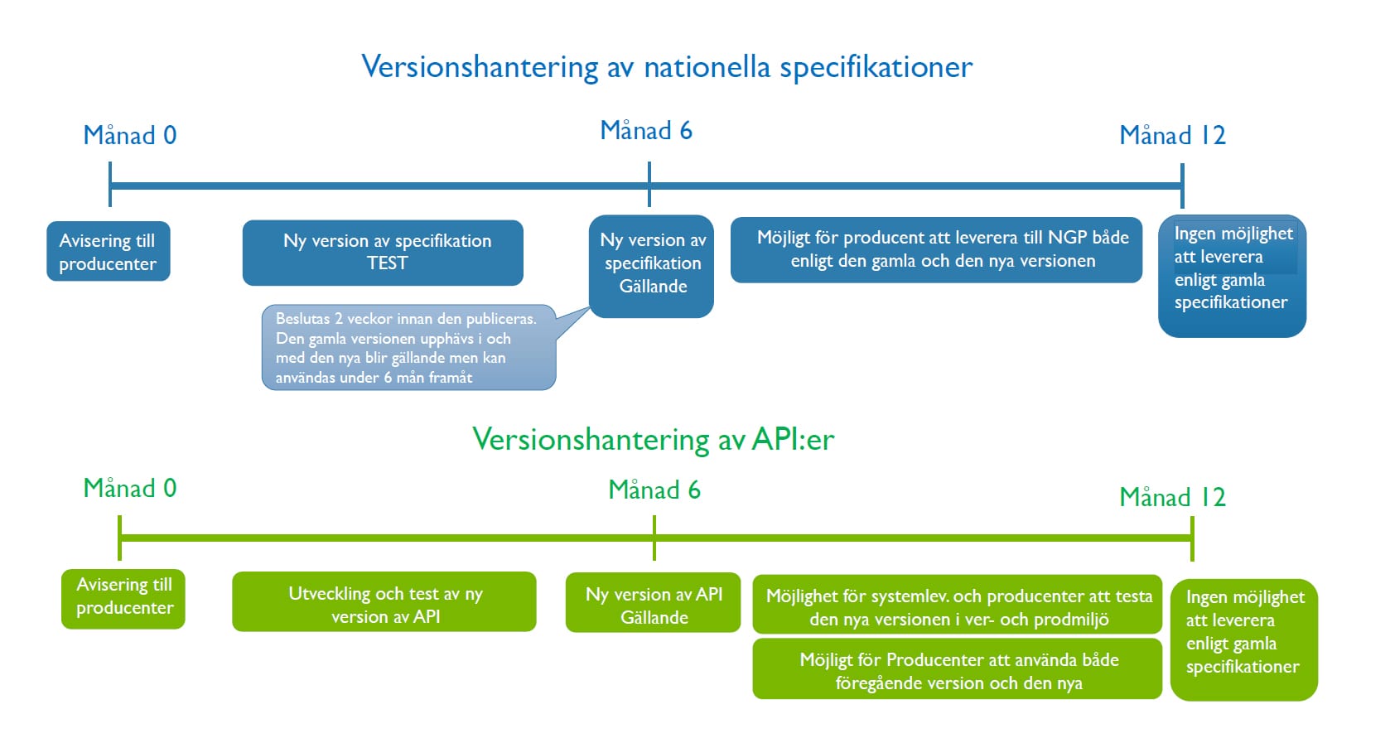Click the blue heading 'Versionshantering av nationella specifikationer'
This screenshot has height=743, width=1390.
pyautogui.click(x=667, y=67)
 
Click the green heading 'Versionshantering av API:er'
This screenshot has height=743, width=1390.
pyautogui.click(x=654, y=440)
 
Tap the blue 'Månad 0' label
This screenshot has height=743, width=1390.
pyautogui.click(x=130, y=135)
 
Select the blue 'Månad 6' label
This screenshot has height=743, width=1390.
pyautogui.click(x=646, y=131)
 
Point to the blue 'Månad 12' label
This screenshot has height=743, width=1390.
pyautogui.click(x=1173, y=135)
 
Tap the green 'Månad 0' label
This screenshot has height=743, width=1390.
pyautogui.click(x=130, y=489)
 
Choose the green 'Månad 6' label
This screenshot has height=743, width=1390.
pyautogui.click(x=654, y=490)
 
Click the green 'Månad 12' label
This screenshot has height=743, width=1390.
pyautogui.click(x=1173, y=497)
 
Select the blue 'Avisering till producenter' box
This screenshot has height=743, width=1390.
pyautogui.click(x=109, y=251)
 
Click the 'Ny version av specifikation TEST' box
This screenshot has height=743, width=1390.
pyautogui.click(x=383, y=253)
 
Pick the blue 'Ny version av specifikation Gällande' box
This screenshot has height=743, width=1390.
pyautogui.click(x=652, y=266)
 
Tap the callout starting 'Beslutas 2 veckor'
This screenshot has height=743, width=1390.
pyautogui.click(x=409, y=347)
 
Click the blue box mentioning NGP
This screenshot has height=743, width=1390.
pyautogui.click(x=936, y=249)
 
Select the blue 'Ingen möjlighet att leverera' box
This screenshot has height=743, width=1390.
pyautogui.click(x=1233, y=276)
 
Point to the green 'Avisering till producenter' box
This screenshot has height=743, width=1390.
pyautogui.click(x=123, y=599)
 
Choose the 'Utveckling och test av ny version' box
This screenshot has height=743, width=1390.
pyautogui.click(x=384, y=601)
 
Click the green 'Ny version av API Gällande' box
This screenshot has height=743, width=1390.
pyautogui.click(x=654, y=602)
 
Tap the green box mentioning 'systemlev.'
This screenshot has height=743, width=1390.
pyautogui.click(x=958, y=605)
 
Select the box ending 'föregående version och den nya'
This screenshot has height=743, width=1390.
pyautogui.click(x=958, y=669)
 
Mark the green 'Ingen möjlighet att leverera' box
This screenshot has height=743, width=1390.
pyautogui.click(x=1244, y=640)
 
